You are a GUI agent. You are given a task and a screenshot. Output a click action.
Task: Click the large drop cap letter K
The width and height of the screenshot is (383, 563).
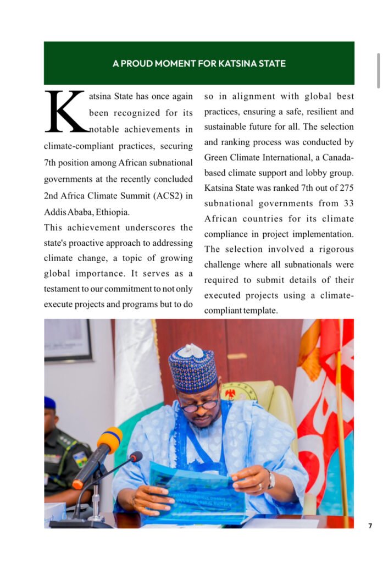coord(66,112)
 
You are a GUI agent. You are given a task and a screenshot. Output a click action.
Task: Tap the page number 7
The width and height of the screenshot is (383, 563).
coord(370,526)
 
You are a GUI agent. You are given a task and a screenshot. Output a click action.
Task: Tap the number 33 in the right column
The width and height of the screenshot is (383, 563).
coord(348,203)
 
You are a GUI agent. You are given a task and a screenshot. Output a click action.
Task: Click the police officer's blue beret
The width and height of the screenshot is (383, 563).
coord(49,402)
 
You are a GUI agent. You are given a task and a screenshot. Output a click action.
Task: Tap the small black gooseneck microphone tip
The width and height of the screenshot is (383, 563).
coord(135,457)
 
